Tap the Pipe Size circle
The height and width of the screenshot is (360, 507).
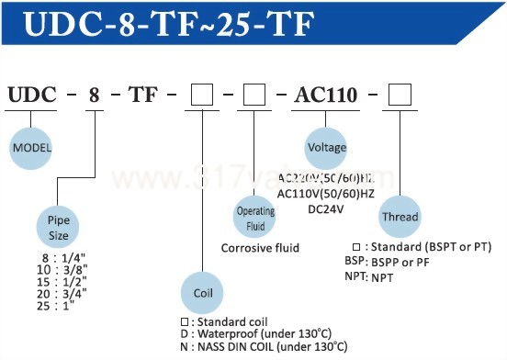(59, 228)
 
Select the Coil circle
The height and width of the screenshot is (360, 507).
(203, 292)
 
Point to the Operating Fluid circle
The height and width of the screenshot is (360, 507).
(257, 217)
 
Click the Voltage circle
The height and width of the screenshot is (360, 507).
(328, 148)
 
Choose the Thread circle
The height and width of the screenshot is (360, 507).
(400, 218)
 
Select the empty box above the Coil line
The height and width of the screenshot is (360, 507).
(202, 94)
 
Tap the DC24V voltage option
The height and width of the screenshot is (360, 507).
(326, 208)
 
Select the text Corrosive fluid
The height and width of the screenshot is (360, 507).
(260, 248)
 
